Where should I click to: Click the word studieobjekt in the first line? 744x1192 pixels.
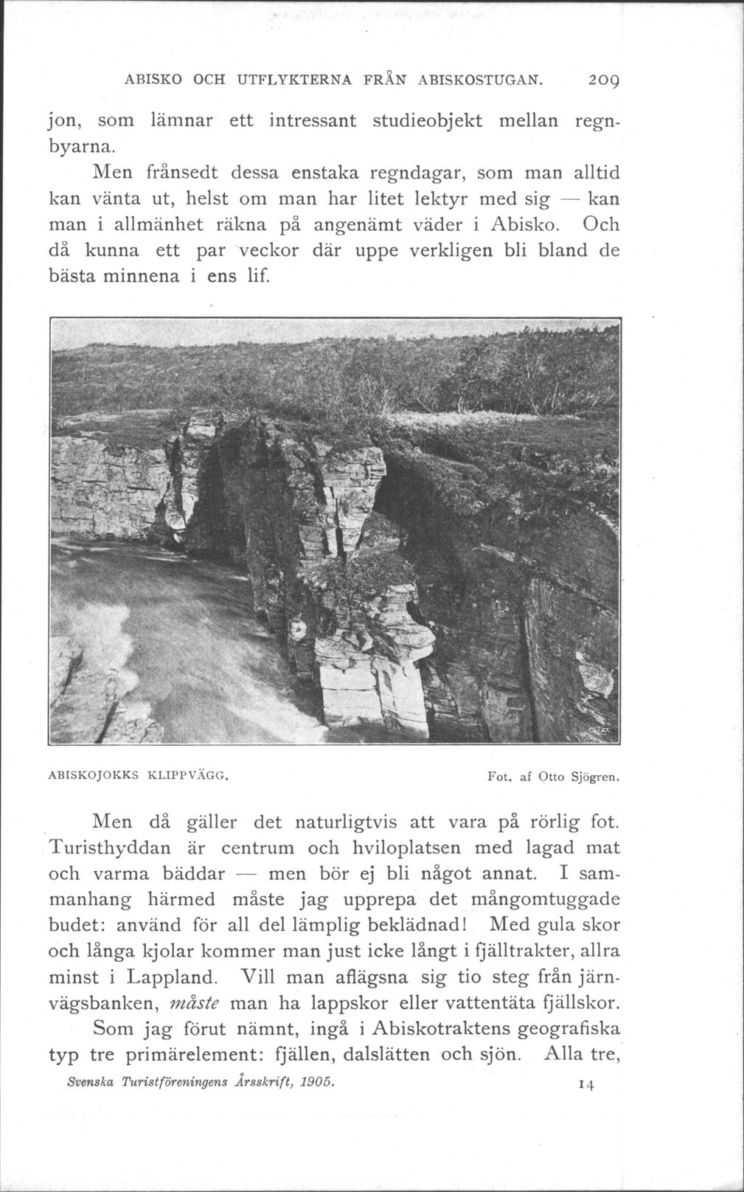tap(426, 120)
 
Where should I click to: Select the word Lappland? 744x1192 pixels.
tap(172, 978)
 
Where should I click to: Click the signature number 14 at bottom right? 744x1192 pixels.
tap(586, 1084)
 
